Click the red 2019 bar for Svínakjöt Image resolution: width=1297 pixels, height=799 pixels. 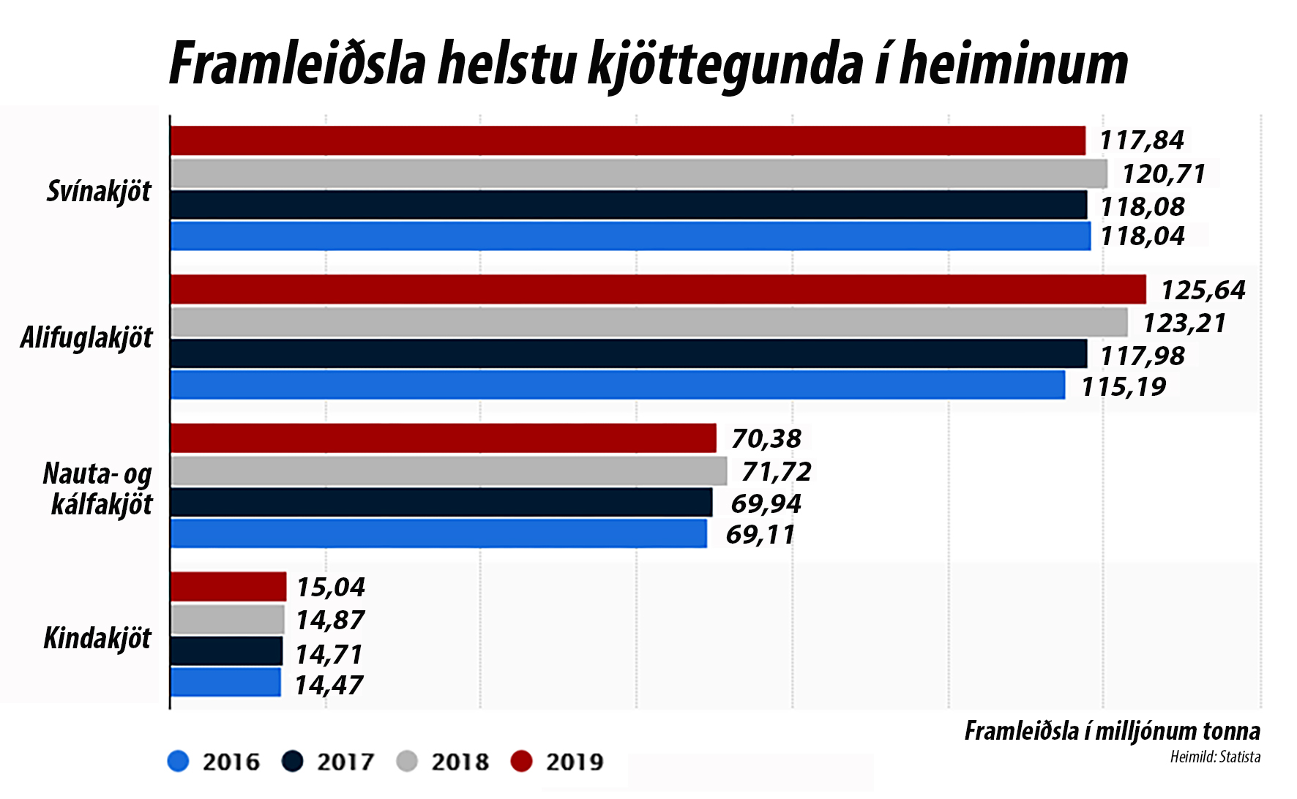point(627,140)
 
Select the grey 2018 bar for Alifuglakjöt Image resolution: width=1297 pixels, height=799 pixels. point(648,322)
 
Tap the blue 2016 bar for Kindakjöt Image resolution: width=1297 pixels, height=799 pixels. point(225,682)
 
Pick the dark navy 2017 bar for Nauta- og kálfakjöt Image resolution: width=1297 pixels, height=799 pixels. point(441,503)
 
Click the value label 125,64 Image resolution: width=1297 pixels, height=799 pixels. point(1203,290)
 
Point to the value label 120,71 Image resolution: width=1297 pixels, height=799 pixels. point(1163,174)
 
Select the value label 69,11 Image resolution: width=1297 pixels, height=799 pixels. point(760,535)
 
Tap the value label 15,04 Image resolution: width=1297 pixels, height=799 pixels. point(330,587)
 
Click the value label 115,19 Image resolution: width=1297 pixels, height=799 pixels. point(1124,386)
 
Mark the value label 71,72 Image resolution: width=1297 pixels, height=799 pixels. point(776,472)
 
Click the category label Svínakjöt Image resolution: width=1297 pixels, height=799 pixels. point(99,192)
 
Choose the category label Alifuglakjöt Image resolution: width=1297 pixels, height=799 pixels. point(86,338)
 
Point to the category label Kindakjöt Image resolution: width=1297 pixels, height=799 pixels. point(97,639)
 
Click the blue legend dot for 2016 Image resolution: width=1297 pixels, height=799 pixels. point(178,762)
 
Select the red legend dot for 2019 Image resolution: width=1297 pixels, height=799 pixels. point(520,762)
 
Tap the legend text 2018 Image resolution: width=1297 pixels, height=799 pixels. point(460,762)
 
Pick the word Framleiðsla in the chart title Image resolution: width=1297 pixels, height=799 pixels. point(297,64)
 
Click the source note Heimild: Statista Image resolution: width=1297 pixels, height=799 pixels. point(1215,757)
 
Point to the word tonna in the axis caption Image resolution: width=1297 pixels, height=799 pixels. point(1234,731)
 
